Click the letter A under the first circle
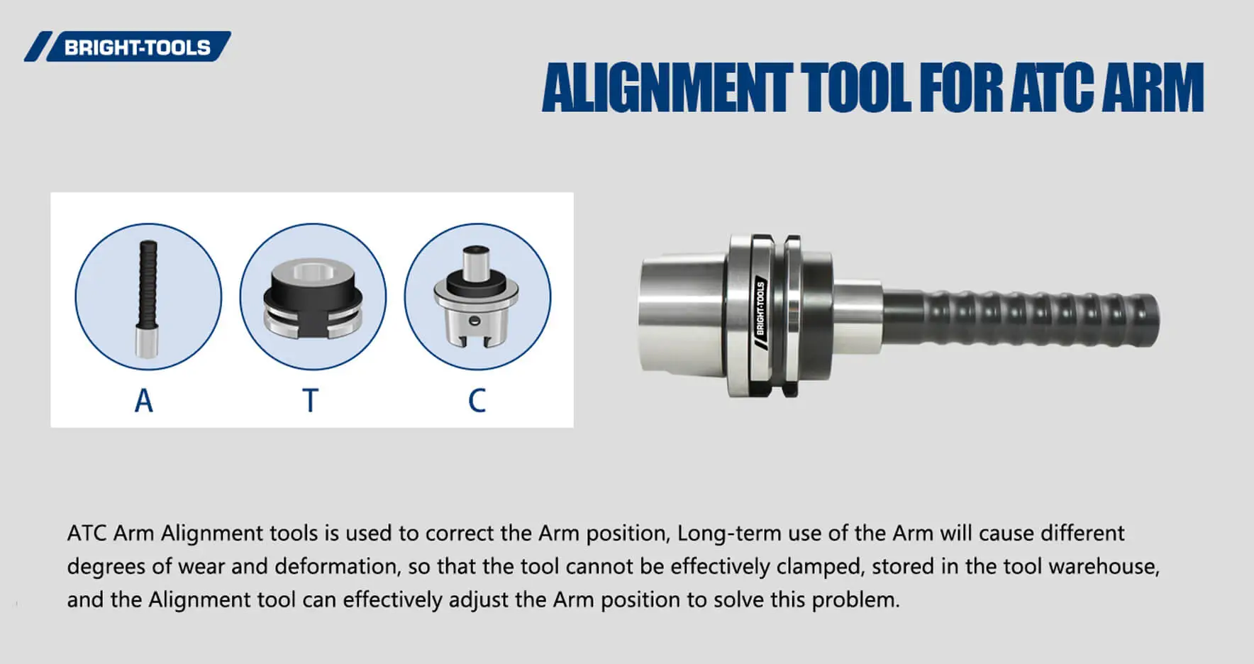point(144,401)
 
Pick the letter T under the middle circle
point(310,401)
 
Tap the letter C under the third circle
point(477,401)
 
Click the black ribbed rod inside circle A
point(148,283)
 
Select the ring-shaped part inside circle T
point(313,297)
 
